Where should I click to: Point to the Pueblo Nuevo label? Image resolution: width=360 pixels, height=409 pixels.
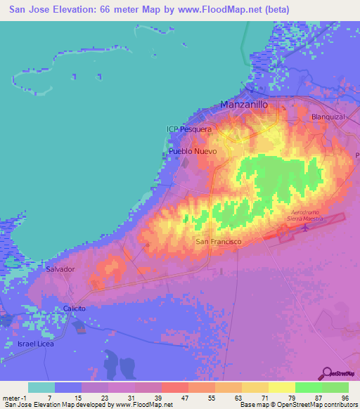click(192, 152)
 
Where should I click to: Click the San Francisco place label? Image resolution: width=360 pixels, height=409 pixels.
click(218, 242)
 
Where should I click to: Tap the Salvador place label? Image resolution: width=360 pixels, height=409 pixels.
click(60, 269)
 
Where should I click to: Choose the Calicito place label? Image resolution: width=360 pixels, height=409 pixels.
click(75, 309)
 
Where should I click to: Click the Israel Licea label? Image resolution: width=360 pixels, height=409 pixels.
click(35, 344)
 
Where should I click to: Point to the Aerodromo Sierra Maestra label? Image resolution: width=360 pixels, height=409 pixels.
click(309, 215)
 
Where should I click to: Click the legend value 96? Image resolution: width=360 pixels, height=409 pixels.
click(344, 398)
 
